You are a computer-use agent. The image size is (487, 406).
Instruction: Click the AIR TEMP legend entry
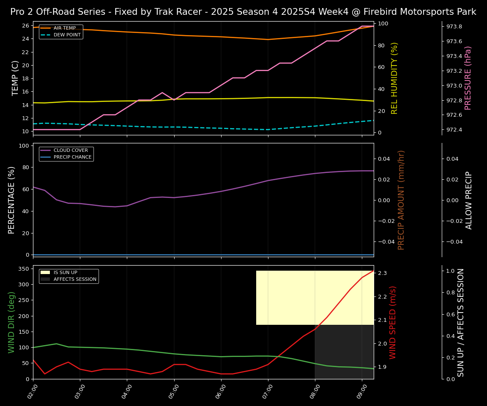64,28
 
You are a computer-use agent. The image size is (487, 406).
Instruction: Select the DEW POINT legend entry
67,35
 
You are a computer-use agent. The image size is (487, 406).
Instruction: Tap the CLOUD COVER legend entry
71,151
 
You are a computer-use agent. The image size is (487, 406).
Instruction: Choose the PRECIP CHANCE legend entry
72,157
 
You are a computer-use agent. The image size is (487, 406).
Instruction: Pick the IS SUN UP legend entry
65,273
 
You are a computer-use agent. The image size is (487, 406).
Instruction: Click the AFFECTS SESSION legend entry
75,280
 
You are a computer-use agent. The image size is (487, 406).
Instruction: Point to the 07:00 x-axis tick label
267,391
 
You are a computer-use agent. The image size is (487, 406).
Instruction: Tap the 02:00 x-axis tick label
32,391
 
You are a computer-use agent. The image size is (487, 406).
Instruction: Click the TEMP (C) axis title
15,78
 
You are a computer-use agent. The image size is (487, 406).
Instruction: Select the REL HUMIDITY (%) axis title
394,78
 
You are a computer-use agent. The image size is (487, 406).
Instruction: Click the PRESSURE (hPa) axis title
468,78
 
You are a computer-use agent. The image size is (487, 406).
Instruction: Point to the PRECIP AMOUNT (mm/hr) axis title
401,200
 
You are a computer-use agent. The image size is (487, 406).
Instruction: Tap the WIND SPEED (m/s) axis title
393,322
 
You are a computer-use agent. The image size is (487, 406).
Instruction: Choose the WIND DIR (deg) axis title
12,322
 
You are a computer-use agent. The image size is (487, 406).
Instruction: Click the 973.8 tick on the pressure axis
454,27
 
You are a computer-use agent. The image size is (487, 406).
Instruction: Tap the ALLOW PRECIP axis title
469,200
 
